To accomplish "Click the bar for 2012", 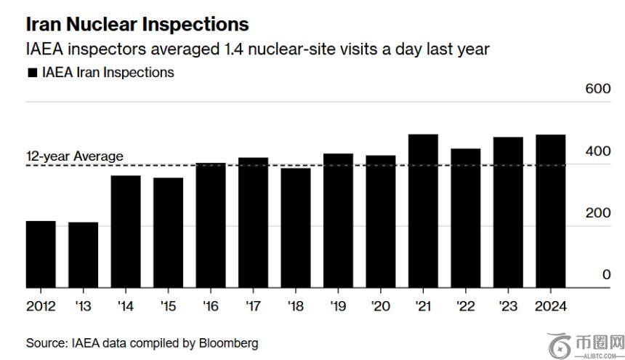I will pos(41,254).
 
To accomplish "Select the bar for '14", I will pos(126,231).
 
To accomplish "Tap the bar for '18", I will pos(296,228).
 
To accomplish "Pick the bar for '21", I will pos(423,211).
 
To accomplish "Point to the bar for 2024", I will pos(550,211).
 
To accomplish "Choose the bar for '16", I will pos(211,225).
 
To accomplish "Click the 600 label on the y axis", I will pos(597,89).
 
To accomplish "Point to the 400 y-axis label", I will pos(597,151).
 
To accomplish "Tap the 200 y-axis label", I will pos(597,213).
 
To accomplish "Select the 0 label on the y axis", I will pos(606,275).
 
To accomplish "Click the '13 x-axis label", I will pos(84,305).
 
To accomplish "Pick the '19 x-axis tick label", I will pos(338,305).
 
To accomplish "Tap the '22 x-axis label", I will pos(465,305).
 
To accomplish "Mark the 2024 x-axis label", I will pos(550,305).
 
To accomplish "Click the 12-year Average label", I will pos(75,156).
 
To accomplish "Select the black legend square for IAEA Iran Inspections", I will pos(31,73).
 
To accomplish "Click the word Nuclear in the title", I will pos(104,24).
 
